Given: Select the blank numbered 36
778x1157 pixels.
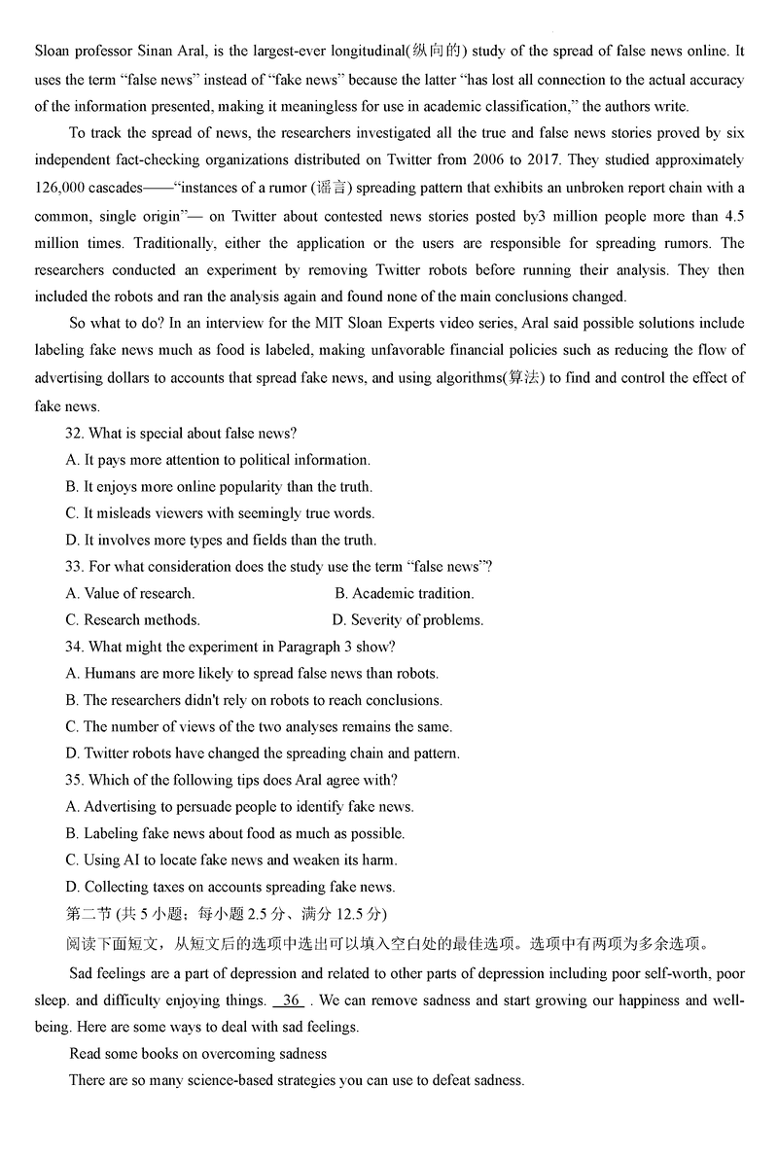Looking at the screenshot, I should (x=291, y=999).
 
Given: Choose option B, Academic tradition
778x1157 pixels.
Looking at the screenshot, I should (x=405, y=593).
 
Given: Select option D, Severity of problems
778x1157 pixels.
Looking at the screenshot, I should (x=407, y=620).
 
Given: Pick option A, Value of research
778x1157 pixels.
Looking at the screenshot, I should (x=130, y=593).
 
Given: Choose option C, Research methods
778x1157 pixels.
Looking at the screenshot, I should (x=133, y=620).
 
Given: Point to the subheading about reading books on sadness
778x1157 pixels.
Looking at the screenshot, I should (x=197, y=1054).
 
